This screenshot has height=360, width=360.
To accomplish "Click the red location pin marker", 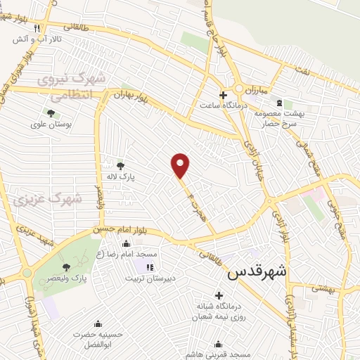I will (x=181, y=165).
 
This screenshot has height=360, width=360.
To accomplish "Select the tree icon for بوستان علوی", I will (x=51, y=112).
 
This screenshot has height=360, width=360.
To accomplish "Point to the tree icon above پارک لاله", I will (x=121, y=166).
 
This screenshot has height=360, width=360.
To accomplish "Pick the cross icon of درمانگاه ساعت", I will (x=223, y=95).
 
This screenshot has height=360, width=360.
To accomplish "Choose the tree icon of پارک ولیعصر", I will (x=66, y=266).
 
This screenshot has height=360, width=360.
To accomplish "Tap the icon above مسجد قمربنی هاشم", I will (x=218, y=344).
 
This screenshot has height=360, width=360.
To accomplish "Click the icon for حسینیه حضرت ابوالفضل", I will (x=98, y=324).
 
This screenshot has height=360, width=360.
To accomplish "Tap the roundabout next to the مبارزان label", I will (x=239, y=89).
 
